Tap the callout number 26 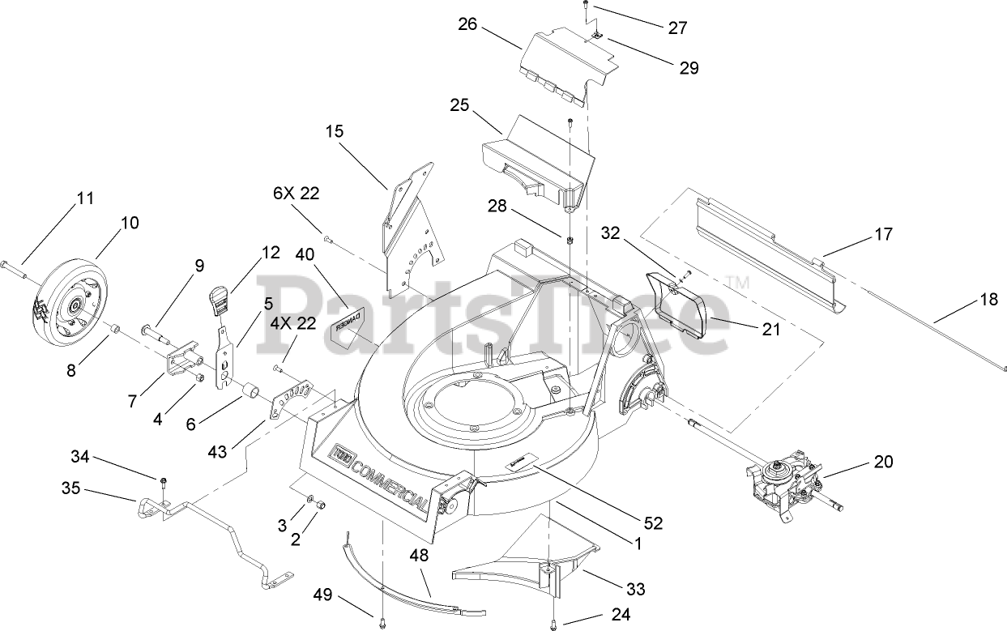(467, 23)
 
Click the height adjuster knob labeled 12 (218, 300)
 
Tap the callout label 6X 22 (296, 194)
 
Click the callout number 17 (883, 234)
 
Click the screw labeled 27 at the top (584, 7)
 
